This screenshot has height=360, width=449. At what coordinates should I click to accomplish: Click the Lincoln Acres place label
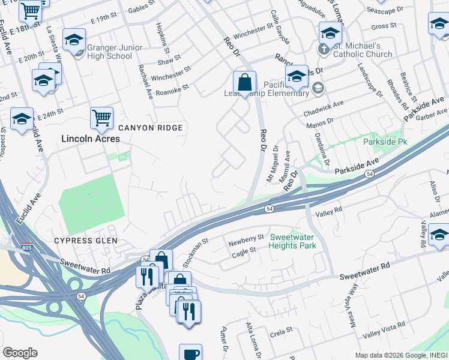[x=91, y=139]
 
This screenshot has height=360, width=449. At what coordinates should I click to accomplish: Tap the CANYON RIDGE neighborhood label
[x=150, y=128]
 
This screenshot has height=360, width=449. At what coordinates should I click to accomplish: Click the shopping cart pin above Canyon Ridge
[x=101, y=118]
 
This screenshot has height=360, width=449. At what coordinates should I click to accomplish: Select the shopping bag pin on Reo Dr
[x=245, y=82]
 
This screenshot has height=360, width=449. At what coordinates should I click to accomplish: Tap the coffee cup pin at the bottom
[x=191, y=353]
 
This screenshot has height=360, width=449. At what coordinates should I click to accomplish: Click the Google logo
[x=20, y=353]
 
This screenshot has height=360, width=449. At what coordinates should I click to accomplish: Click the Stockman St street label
[x=195, y=251]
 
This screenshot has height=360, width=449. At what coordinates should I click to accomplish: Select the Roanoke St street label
[x=172, y=87]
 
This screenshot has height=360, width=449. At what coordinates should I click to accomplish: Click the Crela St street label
[x=281, y=330]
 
